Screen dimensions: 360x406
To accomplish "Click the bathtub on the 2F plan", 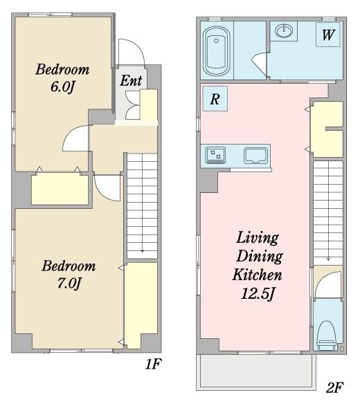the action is pyautogui.click(x=216, y=51).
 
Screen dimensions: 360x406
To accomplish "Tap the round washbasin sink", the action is pyautogui.click(x=284, y=30).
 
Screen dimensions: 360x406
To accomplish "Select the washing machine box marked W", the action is pyautogui.click(x=328, y=35).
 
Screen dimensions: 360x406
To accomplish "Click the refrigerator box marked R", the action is pyautogui.click(x=215, y=99).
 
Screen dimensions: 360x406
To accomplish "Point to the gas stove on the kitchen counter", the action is pyautogui.click(x=215, y=155).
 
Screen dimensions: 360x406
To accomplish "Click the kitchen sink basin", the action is pyautogui.click(x=255, y=156).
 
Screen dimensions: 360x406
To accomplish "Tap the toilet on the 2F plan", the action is pyautogui.click(x=327, y=336).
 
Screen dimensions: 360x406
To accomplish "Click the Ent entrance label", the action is pyautogui.click(x=131, y=80).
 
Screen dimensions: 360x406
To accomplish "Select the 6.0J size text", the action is pyautogui.click(x=62, y=86).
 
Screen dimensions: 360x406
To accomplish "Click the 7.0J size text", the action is pyautogui.click(x=69, y=283).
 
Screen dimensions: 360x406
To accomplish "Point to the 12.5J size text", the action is pyautogui.click(x=258, y=294).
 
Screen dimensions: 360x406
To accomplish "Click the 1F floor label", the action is pyautogui.click(x=153, y=364).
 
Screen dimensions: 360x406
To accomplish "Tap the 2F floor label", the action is pyautogui.click(x=334, y=387).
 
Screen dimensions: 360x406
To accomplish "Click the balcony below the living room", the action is pyautogui.click(x=256, y=372).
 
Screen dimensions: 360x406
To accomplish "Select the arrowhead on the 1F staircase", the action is pyautogui.click(x=143, y=250).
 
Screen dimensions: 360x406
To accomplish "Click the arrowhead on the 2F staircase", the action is pyautogui.click(x=328, y=259).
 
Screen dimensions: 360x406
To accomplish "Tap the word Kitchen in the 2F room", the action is pyautogui.click(x=257, y=275).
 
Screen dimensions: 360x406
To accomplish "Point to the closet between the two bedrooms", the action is pyautogui.click(x=60, y=190).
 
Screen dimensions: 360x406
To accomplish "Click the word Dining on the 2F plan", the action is pyautogui.click(x=260, y=257).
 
